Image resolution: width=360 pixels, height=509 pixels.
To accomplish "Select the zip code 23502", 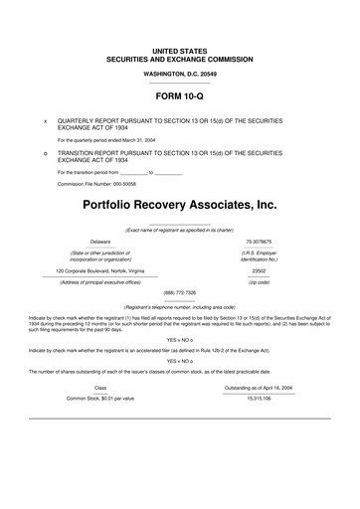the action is [259, 269].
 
